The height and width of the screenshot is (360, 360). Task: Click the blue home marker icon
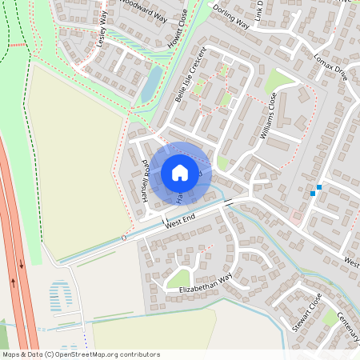click(x=180, y=172)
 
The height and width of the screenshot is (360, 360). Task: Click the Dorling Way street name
click(x=231, y=17)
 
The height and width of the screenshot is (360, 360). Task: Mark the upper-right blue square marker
click(x=319, y=187)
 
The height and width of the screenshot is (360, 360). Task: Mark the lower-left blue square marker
click(x=312, y=193)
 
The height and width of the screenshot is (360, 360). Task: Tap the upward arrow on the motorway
click(x=14, y=282)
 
